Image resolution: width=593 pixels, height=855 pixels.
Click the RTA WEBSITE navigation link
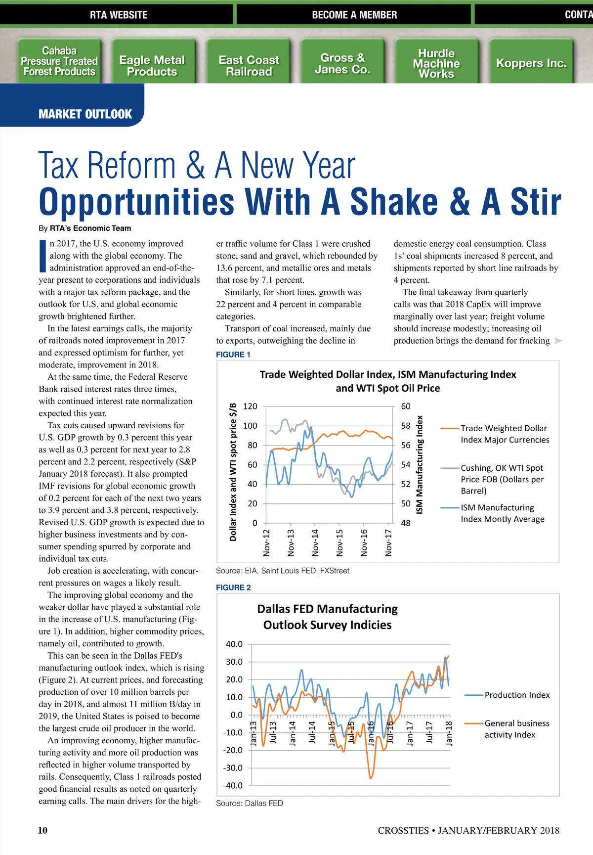pyautogui.click(x=119, y=15)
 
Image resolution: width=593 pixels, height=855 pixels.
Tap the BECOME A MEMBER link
pyautogui.click(x=354, y=15)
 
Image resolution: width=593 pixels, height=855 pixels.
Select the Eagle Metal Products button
pyautogui.click(x=152, y=66)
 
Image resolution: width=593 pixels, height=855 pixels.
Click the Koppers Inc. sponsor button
pyautogui.click(x=531, y=63)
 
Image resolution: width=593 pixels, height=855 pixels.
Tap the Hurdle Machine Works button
pyautogui.click(x=436, y=63)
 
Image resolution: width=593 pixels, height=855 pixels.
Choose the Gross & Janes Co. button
pyautogui.click(x=342, y=63)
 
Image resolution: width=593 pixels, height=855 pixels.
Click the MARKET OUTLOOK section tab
pyautogui.click(x=85, y=114)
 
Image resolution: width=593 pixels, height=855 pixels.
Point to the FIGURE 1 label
pyautogui.click(x=233, y=355)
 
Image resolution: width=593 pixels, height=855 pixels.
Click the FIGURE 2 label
pyautogui.click(x=233, y=587)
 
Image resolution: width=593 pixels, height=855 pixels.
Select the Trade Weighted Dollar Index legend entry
pyautogui.click(x=505, y=434)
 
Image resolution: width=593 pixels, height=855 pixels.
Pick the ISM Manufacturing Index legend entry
pyautogui.click(x=503, y=513)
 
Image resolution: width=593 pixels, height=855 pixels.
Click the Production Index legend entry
pyautogui.click(x=517, y=695)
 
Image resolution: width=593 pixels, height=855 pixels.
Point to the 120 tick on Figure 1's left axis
pyautogui.click(x=251, y=406)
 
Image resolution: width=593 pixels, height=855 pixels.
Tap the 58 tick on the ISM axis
pyautogui.click(x=406, y=426)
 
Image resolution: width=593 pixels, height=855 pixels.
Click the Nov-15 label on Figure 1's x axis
pyautogui.click(x=339, y=542)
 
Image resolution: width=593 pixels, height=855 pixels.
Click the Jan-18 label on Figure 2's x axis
pyautogui.click(x=449, y=732)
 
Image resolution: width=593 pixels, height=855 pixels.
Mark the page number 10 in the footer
pyautogui.click(x=43, y=830)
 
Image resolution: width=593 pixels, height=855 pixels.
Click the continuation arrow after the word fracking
pyautogui.click(x=558, y=341)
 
